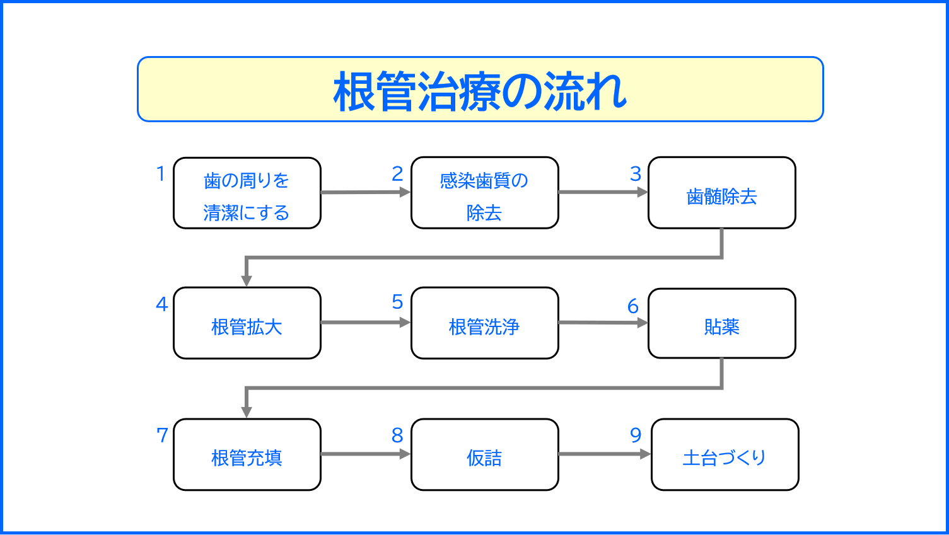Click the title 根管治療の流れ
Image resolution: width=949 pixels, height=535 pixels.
(x=480, y=91)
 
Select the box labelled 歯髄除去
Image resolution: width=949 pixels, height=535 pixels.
(x=721, y=193)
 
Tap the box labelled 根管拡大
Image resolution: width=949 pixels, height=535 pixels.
(x=247, y=323)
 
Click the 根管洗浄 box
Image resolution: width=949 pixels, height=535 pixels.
(x=484, y=323)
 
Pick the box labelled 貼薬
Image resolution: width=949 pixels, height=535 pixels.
(x=721, y=323)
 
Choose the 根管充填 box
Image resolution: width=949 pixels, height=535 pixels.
(x=247, y=454)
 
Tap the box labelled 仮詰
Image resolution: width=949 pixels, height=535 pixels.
(x=484, y=454)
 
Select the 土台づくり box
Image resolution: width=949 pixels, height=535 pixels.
(x=725, y=454)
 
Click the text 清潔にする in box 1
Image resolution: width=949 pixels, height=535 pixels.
(x=246, y=213)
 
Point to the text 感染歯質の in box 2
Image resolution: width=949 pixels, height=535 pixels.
(x=484, y=181)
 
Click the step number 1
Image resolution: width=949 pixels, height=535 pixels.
(x=161, y=173)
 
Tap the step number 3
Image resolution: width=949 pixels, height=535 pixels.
(x=636, y=174)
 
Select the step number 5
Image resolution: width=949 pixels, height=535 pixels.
(x=397, y=302)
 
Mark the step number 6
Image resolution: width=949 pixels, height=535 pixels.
(x=633, y=306)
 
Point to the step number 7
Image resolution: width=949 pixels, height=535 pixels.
(x=162, y=435)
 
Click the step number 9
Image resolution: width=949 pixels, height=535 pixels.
(x=636, y=435)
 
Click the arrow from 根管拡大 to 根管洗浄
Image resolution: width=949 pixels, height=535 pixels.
(x=366, y=323)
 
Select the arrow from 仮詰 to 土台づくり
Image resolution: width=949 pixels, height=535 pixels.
(x=604, y=454)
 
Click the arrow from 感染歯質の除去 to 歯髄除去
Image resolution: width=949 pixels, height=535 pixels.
(x=603, y=192)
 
